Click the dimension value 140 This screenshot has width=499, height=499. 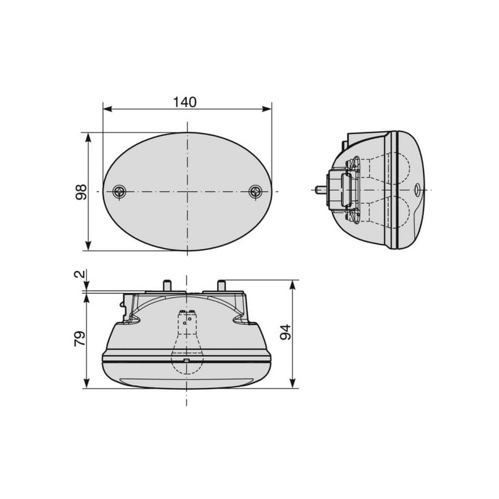click(185, 102)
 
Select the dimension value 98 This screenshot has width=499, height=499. click(81, 192)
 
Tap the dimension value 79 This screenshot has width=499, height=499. click(80, 339)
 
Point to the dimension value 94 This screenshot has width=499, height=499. click(286, 332)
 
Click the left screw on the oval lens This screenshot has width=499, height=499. click(120, 191)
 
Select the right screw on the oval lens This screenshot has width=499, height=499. click(255, 191)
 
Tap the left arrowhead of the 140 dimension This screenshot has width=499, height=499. click(108, 109)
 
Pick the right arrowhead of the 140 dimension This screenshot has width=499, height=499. click(267, 109)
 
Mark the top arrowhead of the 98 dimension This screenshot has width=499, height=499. click(89, 137)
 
